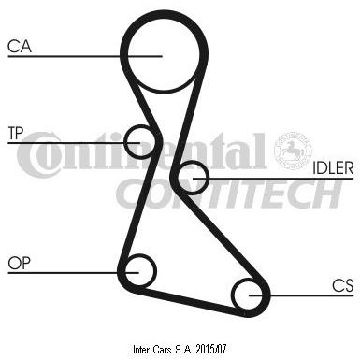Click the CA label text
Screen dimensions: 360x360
(20, 46)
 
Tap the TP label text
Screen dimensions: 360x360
(16, 133)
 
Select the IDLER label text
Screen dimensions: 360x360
(333, 168)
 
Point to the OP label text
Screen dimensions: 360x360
(20, 264)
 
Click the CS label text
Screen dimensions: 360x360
(342, 285)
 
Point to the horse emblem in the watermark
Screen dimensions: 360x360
(293, 150)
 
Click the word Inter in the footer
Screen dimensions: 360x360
(141, 350)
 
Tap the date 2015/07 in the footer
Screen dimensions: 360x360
(211, 350)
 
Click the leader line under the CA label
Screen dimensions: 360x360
(85, 56)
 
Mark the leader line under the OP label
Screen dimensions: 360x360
(73, 273)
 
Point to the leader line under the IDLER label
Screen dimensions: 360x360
(273, 179)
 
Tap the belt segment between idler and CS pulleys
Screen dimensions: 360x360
(223, 237)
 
